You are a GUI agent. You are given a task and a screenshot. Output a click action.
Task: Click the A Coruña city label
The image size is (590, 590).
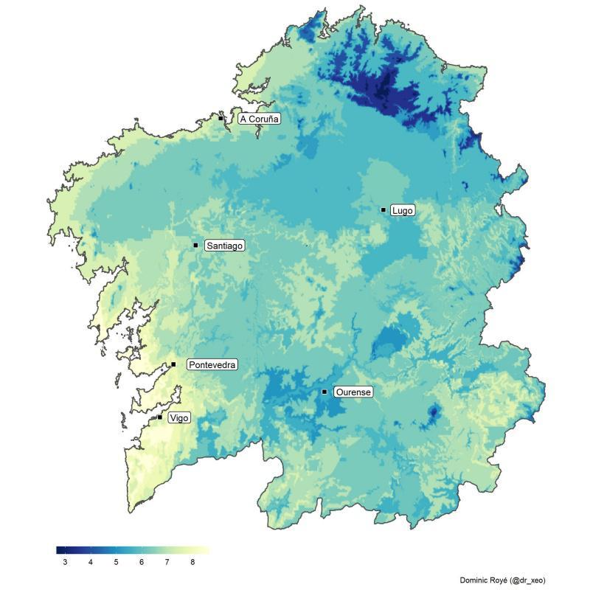[x=260, y=119]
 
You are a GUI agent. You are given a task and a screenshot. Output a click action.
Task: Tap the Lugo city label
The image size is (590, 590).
[x=403, y=211]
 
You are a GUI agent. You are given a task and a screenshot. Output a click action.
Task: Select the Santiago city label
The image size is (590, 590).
[x=224, y=246]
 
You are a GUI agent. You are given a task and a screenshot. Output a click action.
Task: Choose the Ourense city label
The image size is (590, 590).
[x=353, y=392]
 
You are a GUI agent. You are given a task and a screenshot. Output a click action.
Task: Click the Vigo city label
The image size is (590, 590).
[x=178, y=418]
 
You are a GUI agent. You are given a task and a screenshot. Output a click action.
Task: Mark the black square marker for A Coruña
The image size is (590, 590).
[x=221, y=118]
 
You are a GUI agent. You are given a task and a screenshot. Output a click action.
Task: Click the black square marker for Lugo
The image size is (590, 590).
[x=383, y=210]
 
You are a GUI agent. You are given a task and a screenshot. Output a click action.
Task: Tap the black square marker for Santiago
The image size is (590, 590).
[x=195, y=245]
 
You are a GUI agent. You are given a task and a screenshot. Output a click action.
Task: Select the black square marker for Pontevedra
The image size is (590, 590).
[x=173, y=364]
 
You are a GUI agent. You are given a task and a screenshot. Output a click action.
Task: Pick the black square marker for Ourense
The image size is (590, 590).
[x=324, y=392]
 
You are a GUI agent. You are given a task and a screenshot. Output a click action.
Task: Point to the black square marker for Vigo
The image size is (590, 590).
[x=160, y=417]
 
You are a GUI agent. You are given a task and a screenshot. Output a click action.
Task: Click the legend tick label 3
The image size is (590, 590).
[x=65, y=563]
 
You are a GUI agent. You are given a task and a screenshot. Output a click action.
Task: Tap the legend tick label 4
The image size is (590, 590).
[x=91, y=563]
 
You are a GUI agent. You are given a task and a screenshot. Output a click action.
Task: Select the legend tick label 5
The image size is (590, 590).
[x=116, y=563]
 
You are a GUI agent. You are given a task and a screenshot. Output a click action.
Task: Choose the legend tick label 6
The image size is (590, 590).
[x=142, y=563]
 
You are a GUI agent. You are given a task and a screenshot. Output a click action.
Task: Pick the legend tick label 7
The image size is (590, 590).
[x=167, y=563]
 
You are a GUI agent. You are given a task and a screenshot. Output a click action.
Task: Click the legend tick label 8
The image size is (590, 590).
[x=192, y=563]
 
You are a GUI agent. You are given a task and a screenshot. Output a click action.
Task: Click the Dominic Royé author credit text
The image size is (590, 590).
[x=502, y=580]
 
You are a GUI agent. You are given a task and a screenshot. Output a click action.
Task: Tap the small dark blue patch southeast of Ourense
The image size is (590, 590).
[x=434, y=411]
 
